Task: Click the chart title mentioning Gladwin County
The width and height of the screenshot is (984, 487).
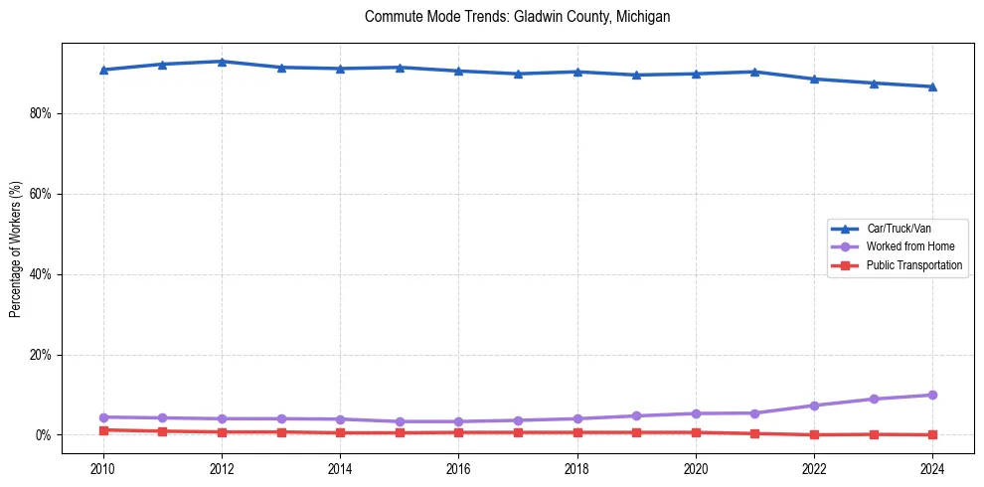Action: pos(517,17)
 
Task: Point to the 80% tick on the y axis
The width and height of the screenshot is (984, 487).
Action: pos(42,113)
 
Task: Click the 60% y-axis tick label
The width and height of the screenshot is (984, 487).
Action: pos(42,194)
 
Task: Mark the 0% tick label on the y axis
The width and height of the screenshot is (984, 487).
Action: pos(45,435)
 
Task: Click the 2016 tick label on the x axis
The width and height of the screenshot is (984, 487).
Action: pos(458,467)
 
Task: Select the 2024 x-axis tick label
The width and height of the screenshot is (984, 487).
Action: pos(932,467)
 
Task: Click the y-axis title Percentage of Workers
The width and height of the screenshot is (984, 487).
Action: pos(16,248)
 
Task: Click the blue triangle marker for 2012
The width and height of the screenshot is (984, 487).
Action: pos(222,62)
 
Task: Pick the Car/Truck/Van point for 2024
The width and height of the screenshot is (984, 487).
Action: pos(932,86)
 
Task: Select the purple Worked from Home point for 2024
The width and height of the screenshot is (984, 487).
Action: pos(932,395)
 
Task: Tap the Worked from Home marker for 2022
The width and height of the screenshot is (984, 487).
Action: pos(814,406)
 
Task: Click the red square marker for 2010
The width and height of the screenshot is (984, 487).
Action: pos(103,430)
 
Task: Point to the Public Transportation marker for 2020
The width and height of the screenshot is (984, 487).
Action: pos(696,432)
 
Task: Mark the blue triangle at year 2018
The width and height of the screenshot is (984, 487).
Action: pos(577,72)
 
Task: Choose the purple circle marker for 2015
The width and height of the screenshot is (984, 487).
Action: pos(400,421)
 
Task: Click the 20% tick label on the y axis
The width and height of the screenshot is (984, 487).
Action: pos(42,355)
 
